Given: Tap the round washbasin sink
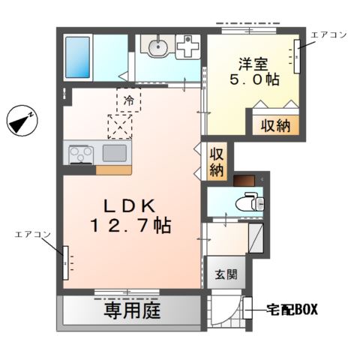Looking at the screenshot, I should [x=159, y=46].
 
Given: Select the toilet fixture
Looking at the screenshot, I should [x=248, y=202].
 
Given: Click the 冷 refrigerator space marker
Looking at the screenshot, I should [x=129, y=99].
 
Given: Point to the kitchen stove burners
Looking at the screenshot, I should [x=80, y=154].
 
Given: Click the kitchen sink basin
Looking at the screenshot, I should [x=114, y=153].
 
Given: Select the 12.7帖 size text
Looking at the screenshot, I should [x=130, y=225].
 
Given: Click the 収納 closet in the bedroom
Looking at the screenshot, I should [x=276, y=125].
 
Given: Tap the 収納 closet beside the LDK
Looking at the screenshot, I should [x=217, y=161].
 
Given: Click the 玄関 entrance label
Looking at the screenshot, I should [x=225, y=274].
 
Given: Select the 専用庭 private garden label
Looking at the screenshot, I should [x=132, y=310].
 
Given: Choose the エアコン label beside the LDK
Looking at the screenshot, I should [x=32, y=235].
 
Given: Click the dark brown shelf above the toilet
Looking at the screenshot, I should [x=245, y=180].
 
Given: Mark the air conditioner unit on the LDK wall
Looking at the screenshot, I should [x=65, y=262].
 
